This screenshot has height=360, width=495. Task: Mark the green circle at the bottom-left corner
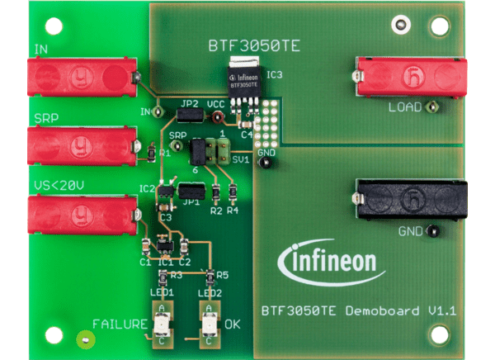82,339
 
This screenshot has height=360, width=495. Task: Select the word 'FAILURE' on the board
119,324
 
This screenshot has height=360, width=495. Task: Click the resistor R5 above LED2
211,275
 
